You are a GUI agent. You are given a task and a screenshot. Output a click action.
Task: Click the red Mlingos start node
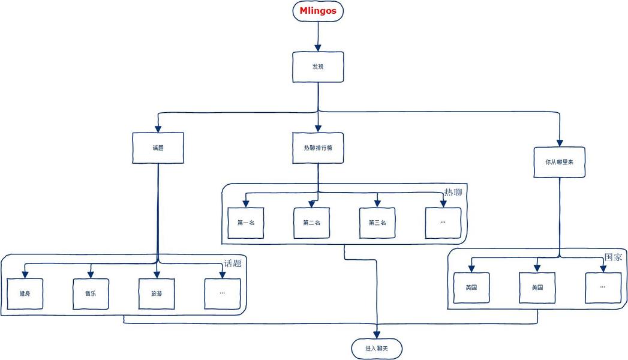317,11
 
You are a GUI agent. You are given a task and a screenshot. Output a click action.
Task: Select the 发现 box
318,67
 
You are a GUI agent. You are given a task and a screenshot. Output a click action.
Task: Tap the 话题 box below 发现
158,148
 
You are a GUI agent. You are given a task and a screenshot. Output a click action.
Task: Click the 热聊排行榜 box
318,148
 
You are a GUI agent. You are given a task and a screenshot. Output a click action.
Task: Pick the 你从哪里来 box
560,162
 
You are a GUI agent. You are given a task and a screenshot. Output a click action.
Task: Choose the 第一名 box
246,223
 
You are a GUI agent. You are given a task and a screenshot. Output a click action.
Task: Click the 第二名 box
312,223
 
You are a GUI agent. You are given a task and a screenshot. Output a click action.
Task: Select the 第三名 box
377,223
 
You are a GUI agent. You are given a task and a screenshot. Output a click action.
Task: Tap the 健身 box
25,293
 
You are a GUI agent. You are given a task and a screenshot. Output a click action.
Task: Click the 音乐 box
91,293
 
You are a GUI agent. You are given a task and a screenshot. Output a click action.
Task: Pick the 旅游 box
157,293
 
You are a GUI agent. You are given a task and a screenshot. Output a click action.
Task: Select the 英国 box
471,287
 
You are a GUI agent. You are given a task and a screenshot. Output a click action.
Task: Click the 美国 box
537,287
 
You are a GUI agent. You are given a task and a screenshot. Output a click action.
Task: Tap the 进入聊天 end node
377,348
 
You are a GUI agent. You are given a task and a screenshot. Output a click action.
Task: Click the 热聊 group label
453,192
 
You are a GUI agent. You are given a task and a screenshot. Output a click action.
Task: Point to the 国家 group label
613,257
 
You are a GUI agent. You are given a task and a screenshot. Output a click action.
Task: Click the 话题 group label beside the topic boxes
233,263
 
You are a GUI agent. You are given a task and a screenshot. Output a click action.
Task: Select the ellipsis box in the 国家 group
603,287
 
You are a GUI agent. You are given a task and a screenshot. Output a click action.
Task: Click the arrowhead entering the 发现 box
318,47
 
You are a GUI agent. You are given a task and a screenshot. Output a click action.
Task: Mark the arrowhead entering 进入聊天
377,334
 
